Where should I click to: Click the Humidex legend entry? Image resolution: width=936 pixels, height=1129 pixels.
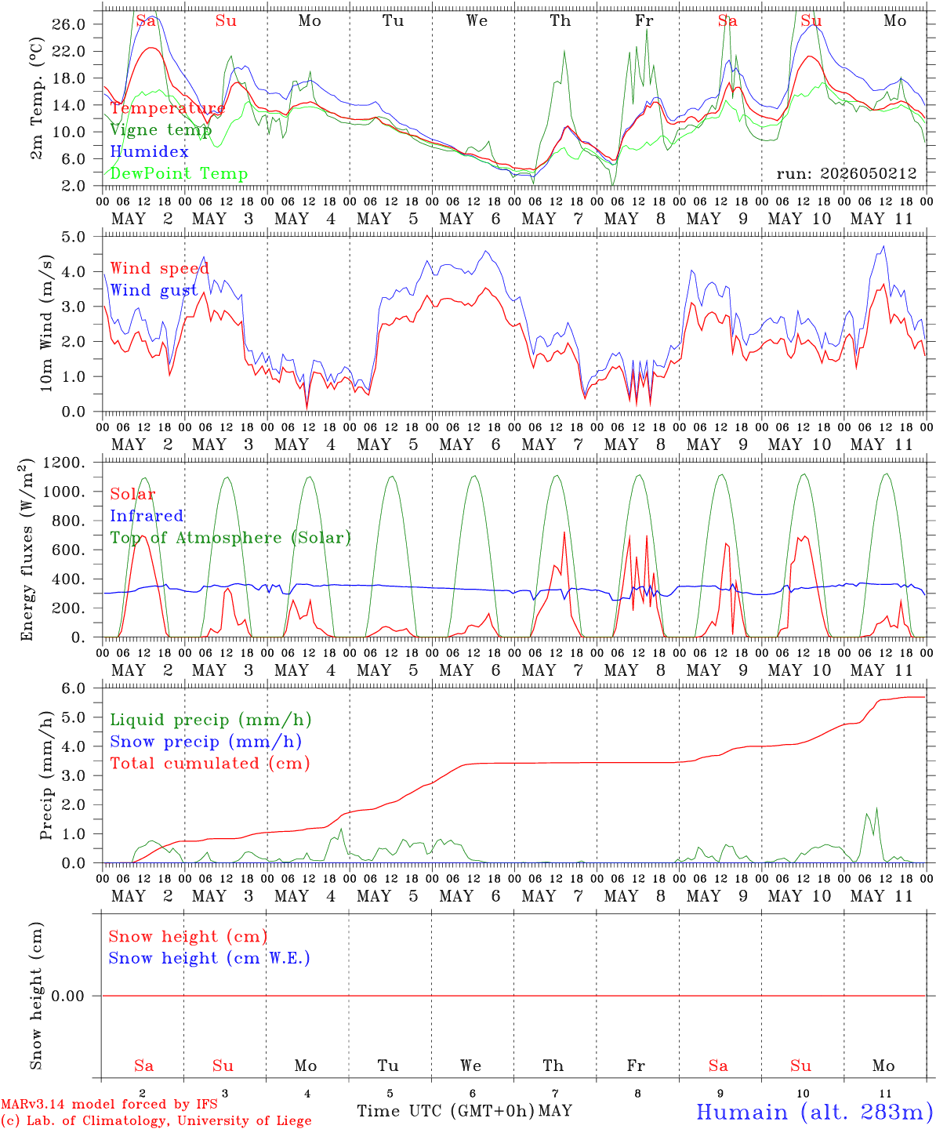click(149, 151)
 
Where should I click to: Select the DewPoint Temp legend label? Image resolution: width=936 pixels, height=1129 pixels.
click(179, 173)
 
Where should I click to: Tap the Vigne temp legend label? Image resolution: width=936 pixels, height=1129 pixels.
click(161, 130)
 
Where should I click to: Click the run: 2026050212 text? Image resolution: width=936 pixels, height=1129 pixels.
click(846, 173)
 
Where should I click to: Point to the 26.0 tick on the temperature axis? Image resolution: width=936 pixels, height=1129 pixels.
click(69, 24)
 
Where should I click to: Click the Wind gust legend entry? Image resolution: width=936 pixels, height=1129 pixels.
click(154, 290)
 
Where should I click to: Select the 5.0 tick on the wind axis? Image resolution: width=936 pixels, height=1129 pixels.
click(73, 237)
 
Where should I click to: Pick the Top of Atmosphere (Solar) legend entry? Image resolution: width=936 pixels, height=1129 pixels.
click(230, 538)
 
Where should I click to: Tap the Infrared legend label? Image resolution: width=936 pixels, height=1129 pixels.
click(147, 516)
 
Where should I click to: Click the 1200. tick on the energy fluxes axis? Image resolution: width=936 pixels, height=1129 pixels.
click(64, 463)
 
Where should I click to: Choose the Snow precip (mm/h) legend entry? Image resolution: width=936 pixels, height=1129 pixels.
click(205, 742)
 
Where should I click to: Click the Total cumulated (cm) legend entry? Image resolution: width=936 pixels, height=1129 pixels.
click(210, 764)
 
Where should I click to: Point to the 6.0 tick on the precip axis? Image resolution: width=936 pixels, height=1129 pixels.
click(73, 688)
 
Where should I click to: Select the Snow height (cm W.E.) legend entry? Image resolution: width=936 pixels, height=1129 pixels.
click(209, 958)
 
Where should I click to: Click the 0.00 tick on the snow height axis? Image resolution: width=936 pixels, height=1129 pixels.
click(67, 996)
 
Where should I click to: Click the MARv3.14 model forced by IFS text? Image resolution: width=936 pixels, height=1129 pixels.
click(109, 1104)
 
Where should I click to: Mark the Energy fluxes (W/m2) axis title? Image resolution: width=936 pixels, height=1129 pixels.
click(26, 550)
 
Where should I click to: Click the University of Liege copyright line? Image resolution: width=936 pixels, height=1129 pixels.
click(156, 1120)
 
